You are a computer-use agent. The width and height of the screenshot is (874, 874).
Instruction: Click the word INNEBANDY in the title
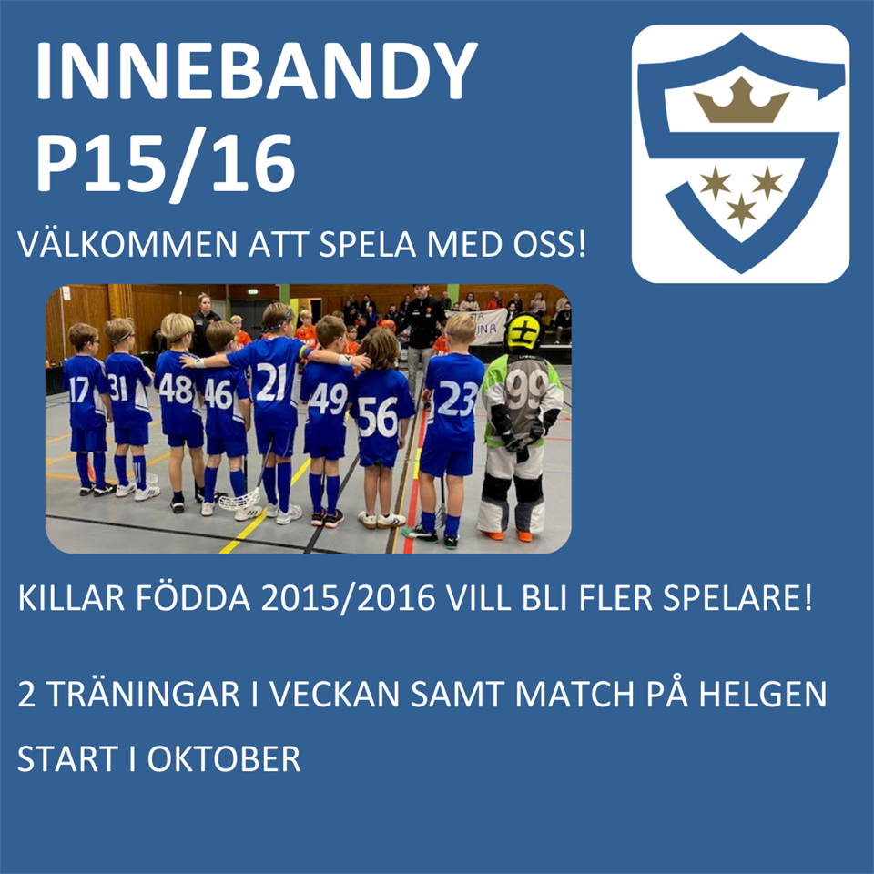tap(257, 71)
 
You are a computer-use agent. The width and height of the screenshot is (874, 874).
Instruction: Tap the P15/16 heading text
tap(166, 164)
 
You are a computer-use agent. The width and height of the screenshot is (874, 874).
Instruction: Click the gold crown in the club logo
tap(741, 100)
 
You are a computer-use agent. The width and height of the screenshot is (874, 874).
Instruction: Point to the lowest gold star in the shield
tap(741, 210)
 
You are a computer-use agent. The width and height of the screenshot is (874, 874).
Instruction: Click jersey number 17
tap(78, 390)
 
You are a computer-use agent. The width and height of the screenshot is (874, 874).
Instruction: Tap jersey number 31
tap(118, 388)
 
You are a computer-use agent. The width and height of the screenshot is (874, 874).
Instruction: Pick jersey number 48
tap(176, 390)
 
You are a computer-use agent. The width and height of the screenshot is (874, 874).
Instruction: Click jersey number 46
tap(218, 394)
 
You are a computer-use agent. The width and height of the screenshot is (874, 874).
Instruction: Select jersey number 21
tap(271, 381)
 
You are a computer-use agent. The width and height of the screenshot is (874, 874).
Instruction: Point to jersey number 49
tap(329, 399)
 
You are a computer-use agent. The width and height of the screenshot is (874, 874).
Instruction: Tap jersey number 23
tap(458, 399)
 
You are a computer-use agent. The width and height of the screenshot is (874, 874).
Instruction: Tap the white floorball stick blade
tap(239, 500)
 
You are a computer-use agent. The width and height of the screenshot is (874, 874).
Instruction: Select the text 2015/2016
tap(348, 598)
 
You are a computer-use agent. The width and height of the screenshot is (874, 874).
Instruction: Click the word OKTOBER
tap(224, 758)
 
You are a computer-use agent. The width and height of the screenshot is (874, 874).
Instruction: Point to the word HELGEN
tap(763, 694)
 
